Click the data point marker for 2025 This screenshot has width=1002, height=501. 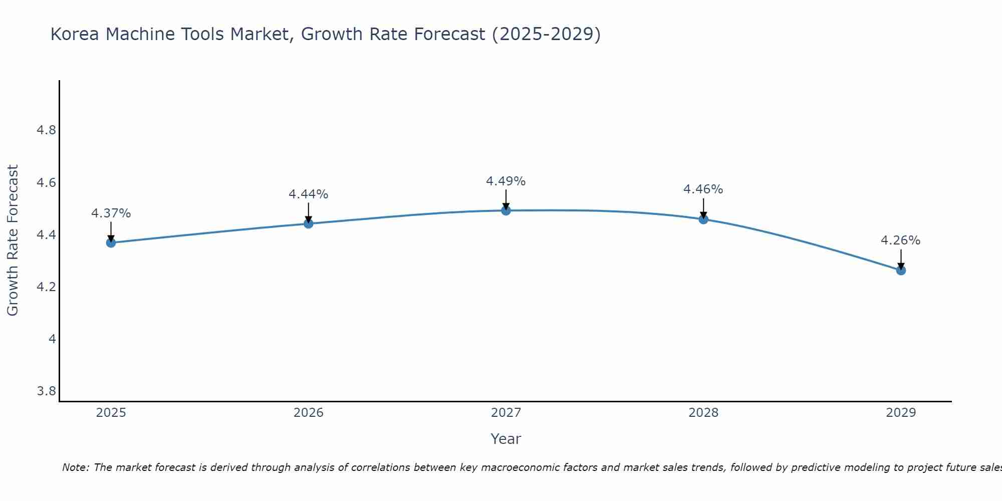pos(111,243)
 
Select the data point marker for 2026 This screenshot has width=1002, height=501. pos(309,223)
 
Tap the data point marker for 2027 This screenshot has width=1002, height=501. pos(506,210)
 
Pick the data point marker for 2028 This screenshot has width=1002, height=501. pos(703,219)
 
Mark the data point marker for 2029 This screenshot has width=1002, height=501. pos(901,271)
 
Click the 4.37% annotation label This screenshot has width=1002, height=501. pos(111,213)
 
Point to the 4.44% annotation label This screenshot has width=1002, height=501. pos(309,194)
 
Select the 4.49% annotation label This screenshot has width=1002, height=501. pos(506,181)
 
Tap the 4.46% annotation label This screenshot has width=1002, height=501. pos(703,189)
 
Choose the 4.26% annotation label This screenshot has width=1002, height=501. pos(901,240)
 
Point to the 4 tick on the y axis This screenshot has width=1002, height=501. pos(52,339)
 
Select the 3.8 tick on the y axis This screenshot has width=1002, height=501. pos(46,391)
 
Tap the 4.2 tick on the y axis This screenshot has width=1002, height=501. pos(46,287)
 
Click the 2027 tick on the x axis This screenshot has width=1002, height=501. pos(506,413)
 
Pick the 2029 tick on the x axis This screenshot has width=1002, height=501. pos(901,413)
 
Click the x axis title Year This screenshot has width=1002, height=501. pos(506,439)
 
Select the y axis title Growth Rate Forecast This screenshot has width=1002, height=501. pos(13,240)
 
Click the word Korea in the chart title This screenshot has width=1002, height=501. pos(75,35)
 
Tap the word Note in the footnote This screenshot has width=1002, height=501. pos(75,467)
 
